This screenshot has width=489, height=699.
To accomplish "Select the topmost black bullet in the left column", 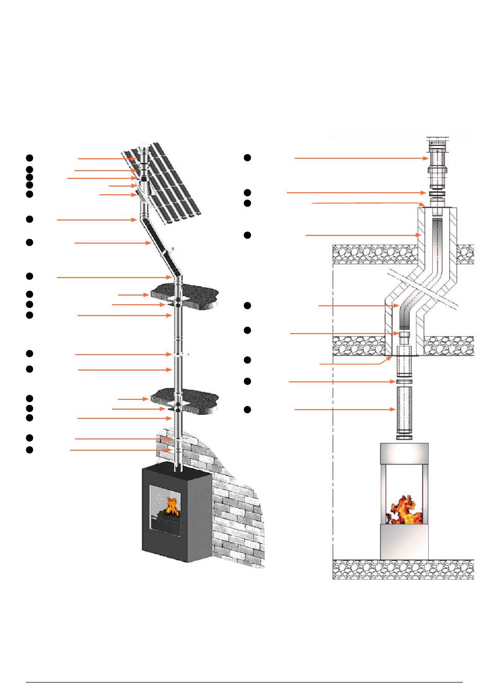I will pyautogui.click(x=30, y=158).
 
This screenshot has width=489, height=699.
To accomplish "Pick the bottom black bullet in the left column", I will pyautogui.click(x=30, y=450).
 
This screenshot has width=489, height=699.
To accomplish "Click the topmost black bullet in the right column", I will pyautogui.click(x=247, y=158).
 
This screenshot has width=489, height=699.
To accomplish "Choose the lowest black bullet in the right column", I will pyautogui.click(x=247, y=410).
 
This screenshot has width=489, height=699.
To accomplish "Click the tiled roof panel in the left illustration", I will pyautogui.click(x=170, y=180).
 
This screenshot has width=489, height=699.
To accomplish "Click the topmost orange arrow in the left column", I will pyautogui.click(x=106, y=159).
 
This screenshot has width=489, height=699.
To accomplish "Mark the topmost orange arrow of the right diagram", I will pyautogui.click(x=360, y=158).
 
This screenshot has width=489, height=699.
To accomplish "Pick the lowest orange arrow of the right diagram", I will pyautogui.click(x=345, y=410).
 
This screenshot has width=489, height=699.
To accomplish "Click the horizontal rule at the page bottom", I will pyautogui.click(x=244, y=683).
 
